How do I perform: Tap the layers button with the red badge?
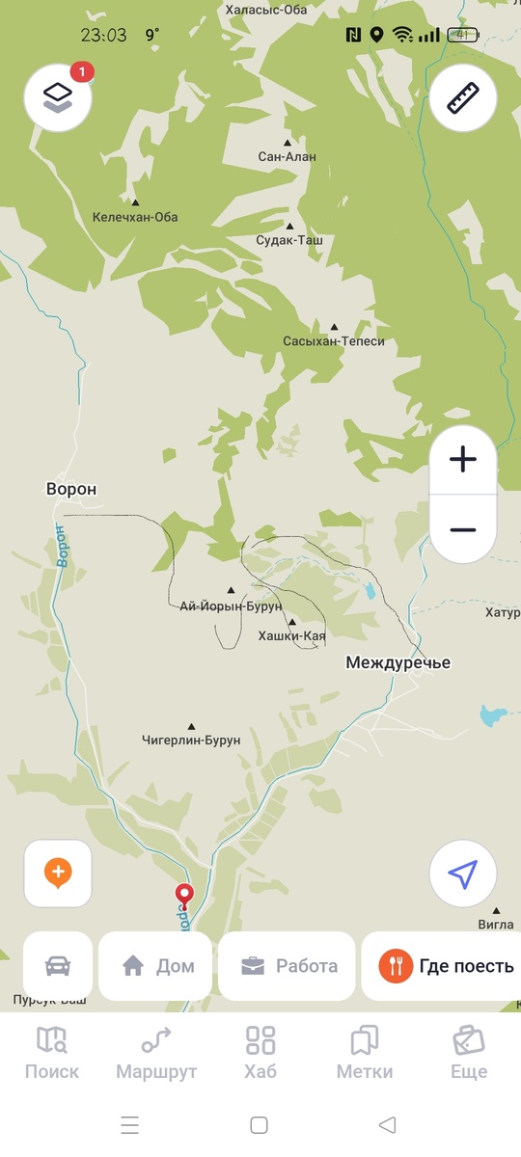click(x=58, y=96)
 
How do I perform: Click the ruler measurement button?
click(x=463, y=96)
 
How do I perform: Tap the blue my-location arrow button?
click(x=463, y=874)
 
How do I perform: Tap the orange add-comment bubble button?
click(x=58, y=874)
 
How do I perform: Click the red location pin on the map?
click(x=183, y=895)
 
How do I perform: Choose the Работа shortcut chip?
click(x=287, y=965)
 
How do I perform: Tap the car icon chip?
click(x=58, y=965)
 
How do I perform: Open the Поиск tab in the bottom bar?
click(x=52, y=1052)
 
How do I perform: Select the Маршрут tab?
click(x=156, y=1052)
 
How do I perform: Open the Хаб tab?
click(x=260, y=1052)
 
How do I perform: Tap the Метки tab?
click(x=365, y=1052)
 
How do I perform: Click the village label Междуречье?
click(x=398, y=663)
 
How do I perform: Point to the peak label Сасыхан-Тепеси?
click(x=334, y=341)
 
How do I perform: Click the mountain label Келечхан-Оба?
click(x=135, y=217)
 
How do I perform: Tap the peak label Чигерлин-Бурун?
click(x=191, y=740)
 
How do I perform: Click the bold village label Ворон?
click(x=71, y=489)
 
